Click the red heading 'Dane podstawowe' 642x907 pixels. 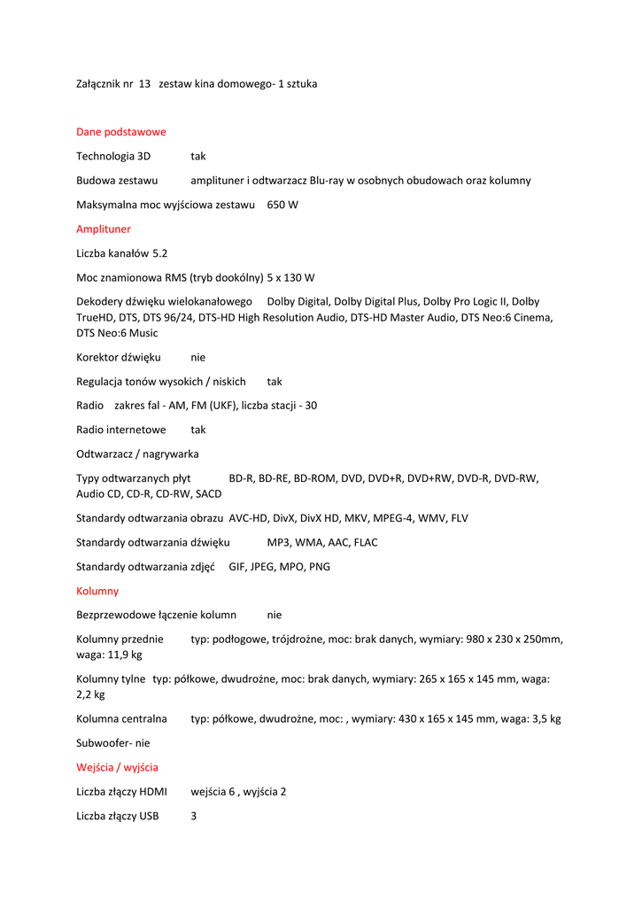tap(120, 132)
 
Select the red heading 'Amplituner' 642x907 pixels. tap(103, 229)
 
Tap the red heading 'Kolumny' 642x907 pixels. tap(97, 590)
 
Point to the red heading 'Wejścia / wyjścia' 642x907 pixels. tap(117, 767)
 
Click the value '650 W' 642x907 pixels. tap(282, 205)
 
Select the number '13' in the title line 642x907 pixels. tap(144, 83)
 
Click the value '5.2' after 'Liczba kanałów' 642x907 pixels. tap(159, 252)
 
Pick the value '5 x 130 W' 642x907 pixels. tap(290, 277)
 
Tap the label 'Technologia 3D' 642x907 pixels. tap(113, 156)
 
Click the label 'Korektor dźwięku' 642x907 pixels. tap(118, 357)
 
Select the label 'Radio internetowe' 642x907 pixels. tap(120, 430)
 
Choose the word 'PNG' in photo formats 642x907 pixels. tap(319, 566)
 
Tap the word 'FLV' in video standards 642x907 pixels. tap(459, 518)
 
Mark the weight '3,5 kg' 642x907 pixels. tap(543, 718)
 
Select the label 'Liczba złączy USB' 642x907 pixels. tap(118, 816)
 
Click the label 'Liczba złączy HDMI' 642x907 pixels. tap(121, 791)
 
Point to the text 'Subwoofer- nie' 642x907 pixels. tap(112, 743)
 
